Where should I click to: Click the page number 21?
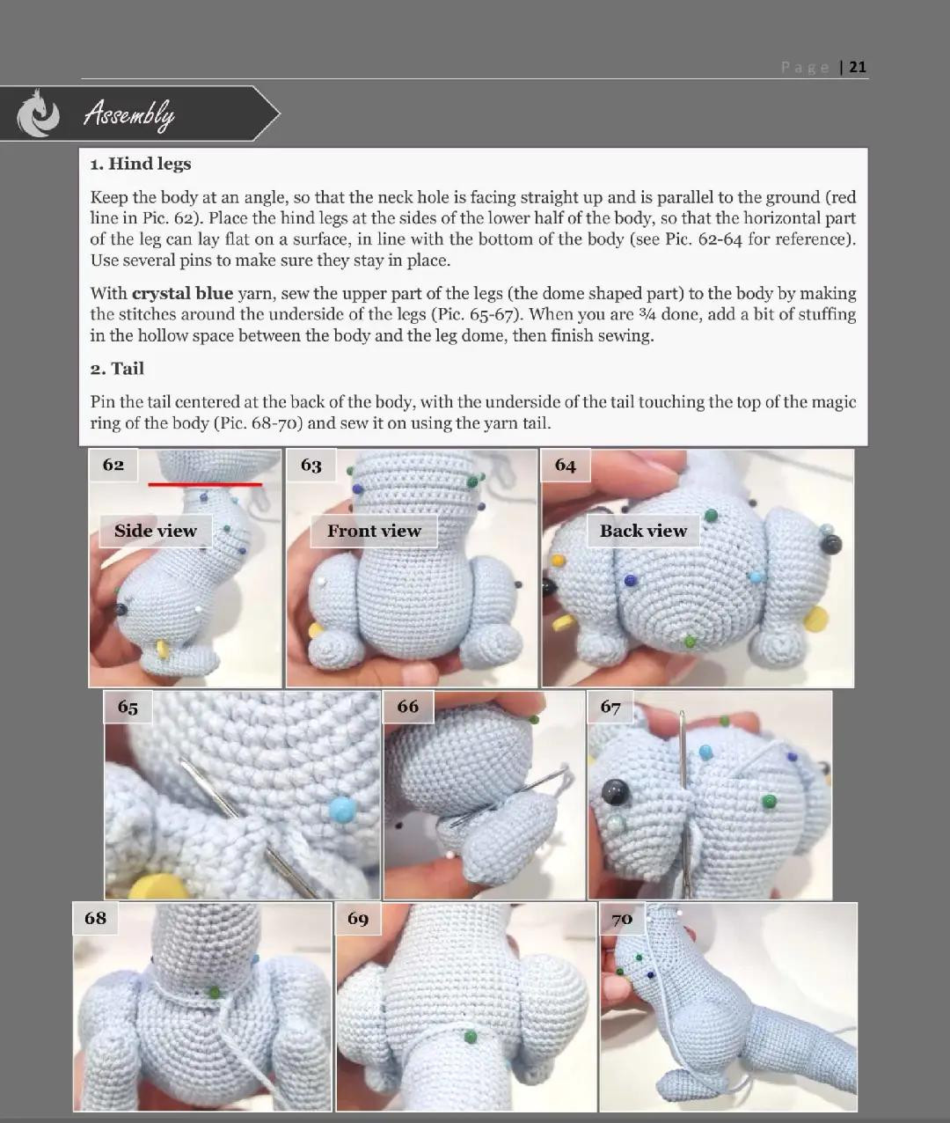tap(858, 67)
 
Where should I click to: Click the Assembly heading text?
tap(128, 114)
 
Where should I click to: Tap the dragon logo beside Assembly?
tap(39, 114)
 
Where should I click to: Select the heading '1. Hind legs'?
tap(141, 164)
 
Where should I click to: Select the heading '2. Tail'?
tap(117, 369)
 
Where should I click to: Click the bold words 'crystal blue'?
tap(182, 294)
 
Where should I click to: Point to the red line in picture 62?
tap(204, 484)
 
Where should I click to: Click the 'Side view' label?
tap(155, 531)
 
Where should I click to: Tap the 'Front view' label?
tap(374, 531)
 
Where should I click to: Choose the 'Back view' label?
tap(643, 531)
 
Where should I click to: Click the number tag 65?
tap(128, 707)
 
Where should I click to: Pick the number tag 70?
tap(622, 919)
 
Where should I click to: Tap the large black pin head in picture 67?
tap(613, 793)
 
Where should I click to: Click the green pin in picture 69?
tap(471, 1037)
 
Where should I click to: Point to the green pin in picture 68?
tap(213, 992)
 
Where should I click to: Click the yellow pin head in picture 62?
tap(162, 649)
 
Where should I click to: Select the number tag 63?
tap(311, 466)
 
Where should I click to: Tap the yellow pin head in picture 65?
tap(158, 886)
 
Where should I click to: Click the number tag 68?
tap(95, 918)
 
